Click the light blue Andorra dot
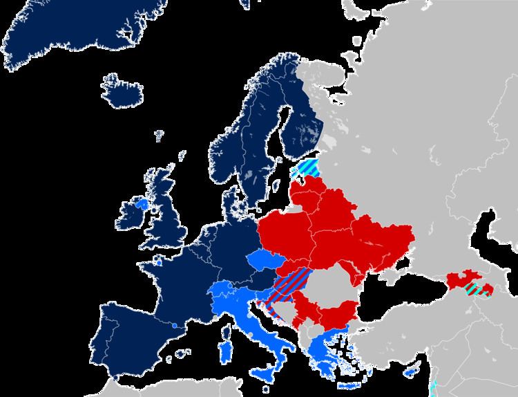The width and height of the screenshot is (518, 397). coord(175,325)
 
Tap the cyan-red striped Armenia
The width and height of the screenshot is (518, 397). coord(476,290)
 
